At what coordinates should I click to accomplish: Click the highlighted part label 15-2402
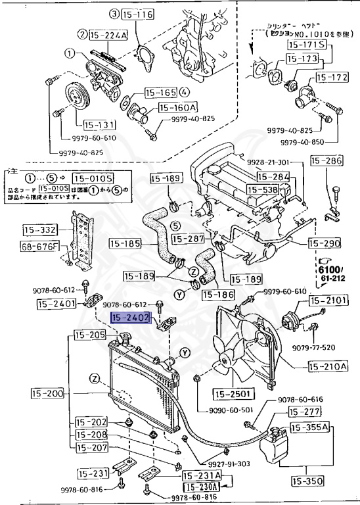pos(131,319)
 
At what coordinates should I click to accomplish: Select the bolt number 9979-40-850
pos(302,142)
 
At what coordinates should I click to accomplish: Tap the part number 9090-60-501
pos(232,409)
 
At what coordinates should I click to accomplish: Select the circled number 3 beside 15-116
pos(113,13)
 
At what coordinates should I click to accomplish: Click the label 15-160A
pos(176,107)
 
